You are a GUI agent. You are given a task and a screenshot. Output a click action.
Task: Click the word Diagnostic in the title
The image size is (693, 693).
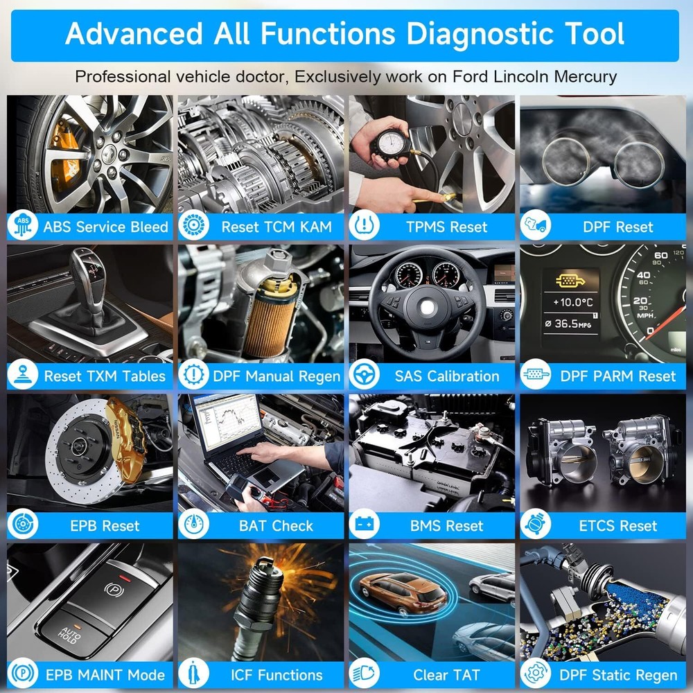tap(479, 34)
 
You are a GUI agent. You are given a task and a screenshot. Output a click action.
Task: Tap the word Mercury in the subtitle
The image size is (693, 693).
tap(585, 77)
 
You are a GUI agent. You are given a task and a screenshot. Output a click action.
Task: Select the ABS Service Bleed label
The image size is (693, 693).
tap(105, 227)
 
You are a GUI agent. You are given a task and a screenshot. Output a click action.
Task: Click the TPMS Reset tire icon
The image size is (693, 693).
tap(365, 225)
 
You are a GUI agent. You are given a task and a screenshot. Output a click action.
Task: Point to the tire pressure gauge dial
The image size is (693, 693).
tap(392, 143)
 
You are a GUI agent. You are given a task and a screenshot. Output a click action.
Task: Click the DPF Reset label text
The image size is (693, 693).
tap(618, 227)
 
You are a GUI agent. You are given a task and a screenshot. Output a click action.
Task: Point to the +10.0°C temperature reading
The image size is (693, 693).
tap(573, 302)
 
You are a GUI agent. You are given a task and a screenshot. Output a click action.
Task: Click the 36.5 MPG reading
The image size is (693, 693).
tap(568, 324)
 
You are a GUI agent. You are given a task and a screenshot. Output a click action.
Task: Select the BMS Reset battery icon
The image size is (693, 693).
tap(365, 524)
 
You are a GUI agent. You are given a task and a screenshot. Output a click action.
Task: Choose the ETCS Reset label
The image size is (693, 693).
tap(618, 526)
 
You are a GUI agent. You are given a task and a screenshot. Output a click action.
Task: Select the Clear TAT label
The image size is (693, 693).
tap(446, 675)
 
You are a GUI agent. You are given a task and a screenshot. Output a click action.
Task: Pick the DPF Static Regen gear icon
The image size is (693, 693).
tap(535, 673)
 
